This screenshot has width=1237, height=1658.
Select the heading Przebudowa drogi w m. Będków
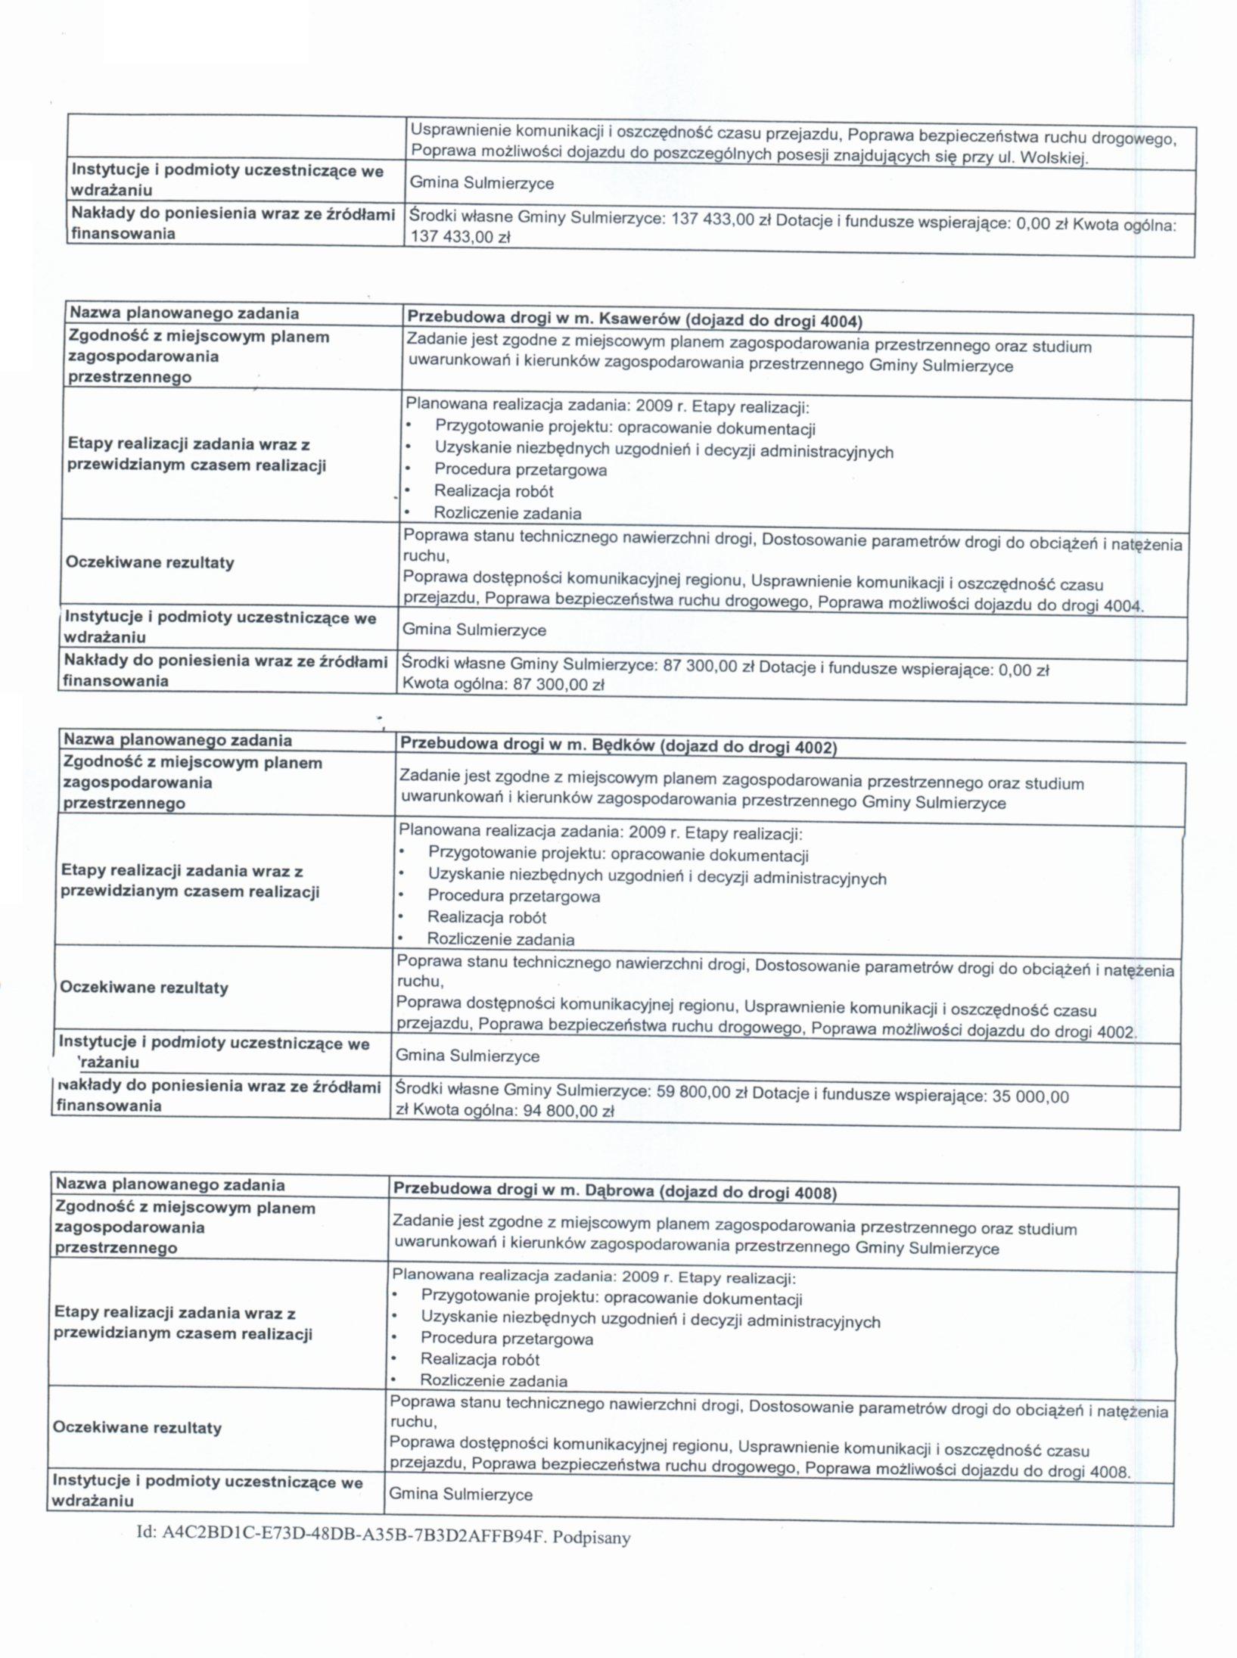618,746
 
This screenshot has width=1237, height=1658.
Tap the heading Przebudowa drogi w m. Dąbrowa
614,1192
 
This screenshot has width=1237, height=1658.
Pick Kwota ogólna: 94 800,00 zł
505,1112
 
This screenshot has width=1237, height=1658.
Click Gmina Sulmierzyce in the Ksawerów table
474,630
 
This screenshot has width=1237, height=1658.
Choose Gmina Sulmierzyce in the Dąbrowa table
460,1495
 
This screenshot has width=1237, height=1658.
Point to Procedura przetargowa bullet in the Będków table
514,896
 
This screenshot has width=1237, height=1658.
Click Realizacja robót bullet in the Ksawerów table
493,491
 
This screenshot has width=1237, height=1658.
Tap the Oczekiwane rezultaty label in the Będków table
144,988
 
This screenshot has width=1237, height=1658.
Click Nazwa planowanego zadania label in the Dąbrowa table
170,1184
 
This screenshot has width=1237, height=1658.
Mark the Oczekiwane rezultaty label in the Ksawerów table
150,562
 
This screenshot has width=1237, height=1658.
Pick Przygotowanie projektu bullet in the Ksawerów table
625,429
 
